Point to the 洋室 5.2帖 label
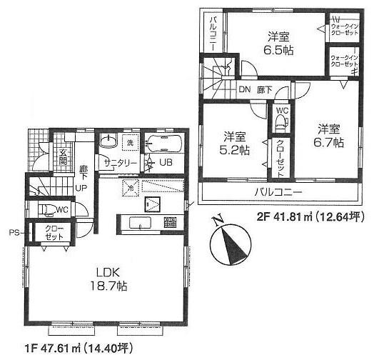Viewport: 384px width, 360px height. coord(234,143)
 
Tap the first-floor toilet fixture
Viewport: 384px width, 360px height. coord(47,209)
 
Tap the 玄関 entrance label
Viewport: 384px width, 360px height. coord(63,156)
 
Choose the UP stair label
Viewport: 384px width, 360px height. coord(82,187)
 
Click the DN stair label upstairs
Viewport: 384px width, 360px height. coord(244,90)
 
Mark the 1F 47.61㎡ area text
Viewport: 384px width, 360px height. coord(67,349)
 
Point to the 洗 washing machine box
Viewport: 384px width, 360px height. coord(130,142)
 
